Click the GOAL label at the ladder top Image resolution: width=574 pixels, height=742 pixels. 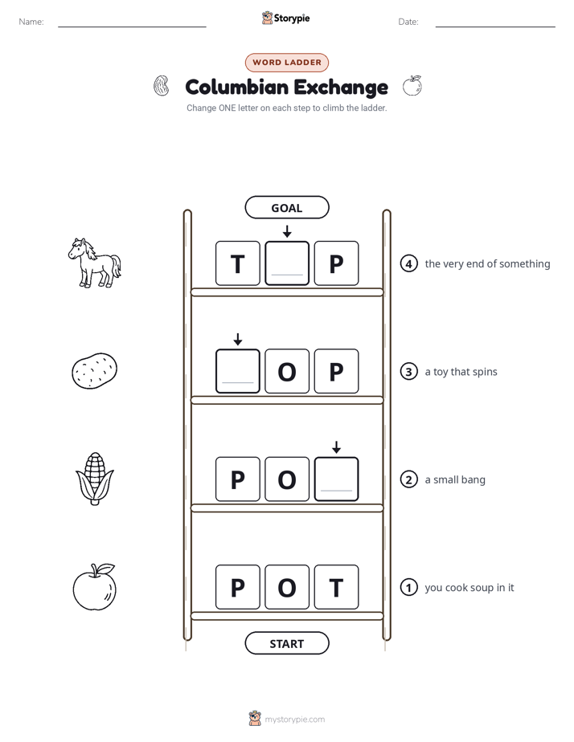(x=286, y=207)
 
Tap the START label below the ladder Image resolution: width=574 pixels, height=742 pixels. (x=286, y=643)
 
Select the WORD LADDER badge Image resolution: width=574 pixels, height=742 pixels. (x=286, y=63)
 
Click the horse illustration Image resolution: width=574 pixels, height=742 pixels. (x=94, y=263)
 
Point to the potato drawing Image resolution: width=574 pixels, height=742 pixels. (x=94, y=371)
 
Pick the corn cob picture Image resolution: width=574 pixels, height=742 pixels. (x=95, y=479)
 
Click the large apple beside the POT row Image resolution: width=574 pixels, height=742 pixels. (x=94, y=587)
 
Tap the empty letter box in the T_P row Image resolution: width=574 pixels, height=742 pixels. (x=287, y=263)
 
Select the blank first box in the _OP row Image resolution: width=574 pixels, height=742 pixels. (x=238, y=371)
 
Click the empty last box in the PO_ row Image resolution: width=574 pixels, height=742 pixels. (x=336, y=479)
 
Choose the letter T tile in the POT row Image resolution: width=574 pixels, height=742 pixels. (x=336, y=587)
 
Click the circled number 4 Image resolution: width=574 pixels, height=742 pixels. (x=408, y=263)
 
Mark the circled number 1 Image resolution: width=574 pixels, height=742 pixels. (x=408, y=587)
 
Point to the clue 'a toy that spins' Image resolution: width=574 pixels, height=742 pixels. (x=461, y=372)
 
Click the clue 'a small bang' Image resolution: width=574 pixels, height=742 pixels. (x=455, y=480)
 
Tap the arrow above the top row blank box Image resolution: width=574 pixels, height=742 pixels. (x=287, y=231)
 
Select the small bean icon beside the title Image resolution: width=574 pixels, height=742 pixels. (x=162, y=86)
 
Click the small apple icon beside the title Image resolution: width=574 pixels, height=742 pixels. (x=412, y=86)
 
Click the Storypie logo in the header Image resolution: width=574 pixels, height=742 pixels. (x=285, y=18)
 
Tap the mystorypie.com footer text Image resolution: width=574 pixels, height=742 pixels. (x=294, y=720)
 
